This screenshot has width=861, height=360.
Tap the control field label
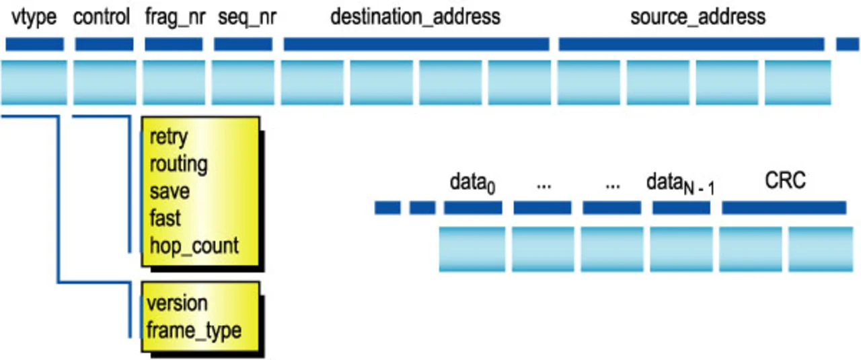pos(101,17)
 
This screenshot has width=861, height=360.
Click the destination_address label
pos(415,17)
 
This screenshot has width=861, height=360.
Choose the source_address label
pos(698,17)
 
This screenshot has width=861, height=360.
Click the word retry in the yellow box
pos(168,137)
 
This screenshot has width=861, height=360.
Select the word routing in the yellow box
pos(178,164)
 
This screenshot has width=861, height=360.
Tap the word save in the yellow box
pos(170,191)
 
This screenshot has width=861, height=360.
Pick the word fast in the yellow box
pos(165,218)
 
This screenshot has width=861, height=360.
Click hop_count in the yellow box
pos(194,246)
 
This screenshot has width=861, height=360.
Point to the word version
pos(177,303)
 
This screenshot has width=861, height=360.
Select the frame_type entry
pos(194,330)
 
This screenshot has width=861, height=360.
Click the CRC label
pos(785,180)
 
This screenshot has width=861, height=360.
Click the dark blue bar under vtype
pos(34,44)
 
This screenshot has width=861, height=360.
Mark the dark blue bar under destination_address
pos(416,44)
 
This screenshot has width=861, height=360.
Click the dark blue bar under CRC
pos(784,208)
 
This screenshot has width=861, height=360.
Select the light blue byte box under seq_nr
pos(243,82)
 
